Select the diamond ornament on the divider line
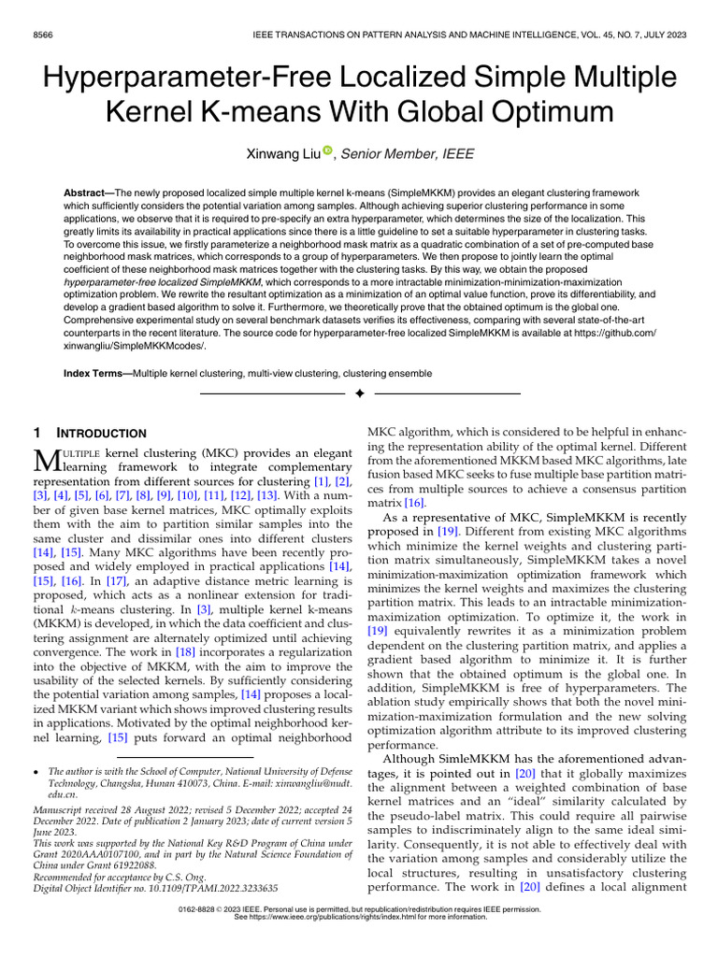point(358,395)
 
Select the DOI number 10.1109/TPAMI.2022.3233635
point(216,887)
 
